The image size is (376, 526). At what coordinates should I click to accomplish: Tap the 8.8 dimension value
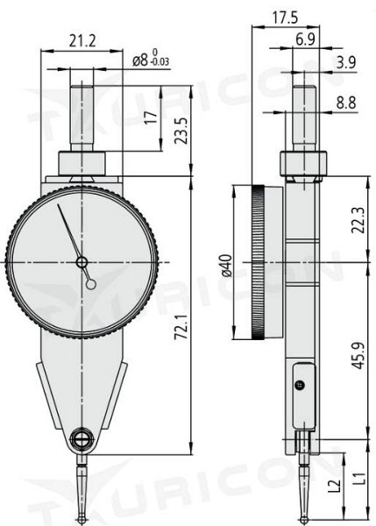(344, 103)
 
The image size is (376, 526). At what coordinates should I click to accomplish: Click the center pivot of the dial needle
(81, 262)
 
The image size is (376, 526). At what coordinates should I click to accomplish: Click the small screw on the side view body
(301, 384)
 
